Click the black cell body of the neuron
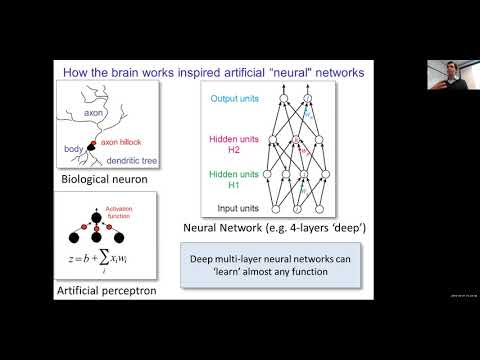(91, 148)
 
